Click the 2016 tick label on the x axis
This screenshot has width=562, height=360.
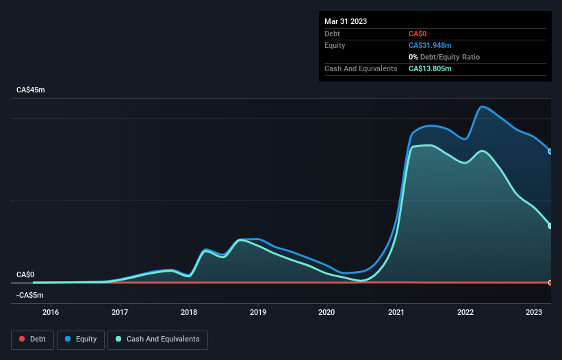pyautogui.click(x=51, y=313)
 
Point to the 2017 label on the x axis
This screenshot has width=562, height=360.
pyautogui.click(x=120, y=313)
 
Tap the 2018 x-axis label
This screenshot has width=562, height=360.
pyautogui.click(x=189, y=313)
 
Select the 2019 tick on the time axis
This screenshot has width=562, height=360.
pyautogui.click(x=258, y=313)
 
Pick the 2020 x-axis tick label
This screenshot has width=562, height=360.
pyautogui.click(x=327, y=313)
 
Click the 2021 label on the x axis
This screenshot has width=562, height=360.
pyautogui.click(x=396, y=313)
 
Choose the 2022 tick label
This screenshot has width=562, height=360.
pyautogui.click(x=465, y=313)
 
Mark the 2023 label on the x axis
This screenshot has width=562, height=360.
pyautogui.click(x=535, y=313)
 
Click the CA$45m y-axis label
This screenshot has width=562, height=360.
pyautogui.click(x=30, y=90)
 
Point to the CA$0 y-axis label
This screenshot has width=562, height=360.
pyautogui.click(x=25, y=274)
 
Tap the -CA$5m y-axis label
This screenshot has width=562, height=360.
pyautogui.click(x=29, y=295)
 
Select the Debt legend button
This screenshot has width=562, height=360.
pyautogui.click(x=32, y=339)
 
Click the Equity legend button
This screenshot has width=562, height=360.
pyautogui.click(x=81, y=339)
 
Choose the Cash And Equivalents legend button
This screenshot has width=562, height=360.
pyautogui.click(x=157, y=339)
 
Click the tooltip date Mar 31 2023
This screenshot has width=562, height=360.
pyautogui.click(x=346, y=21)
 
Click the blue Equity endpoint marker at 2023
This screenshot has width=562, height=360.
pyautogui.click(x=550, y=151)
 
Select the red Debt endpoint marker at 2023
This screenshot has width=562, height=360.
pyautogui.click(x=550, y=282)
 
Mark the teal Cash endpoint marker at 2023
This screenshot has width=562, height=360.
pyautogui.click(x=550, y=226)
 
